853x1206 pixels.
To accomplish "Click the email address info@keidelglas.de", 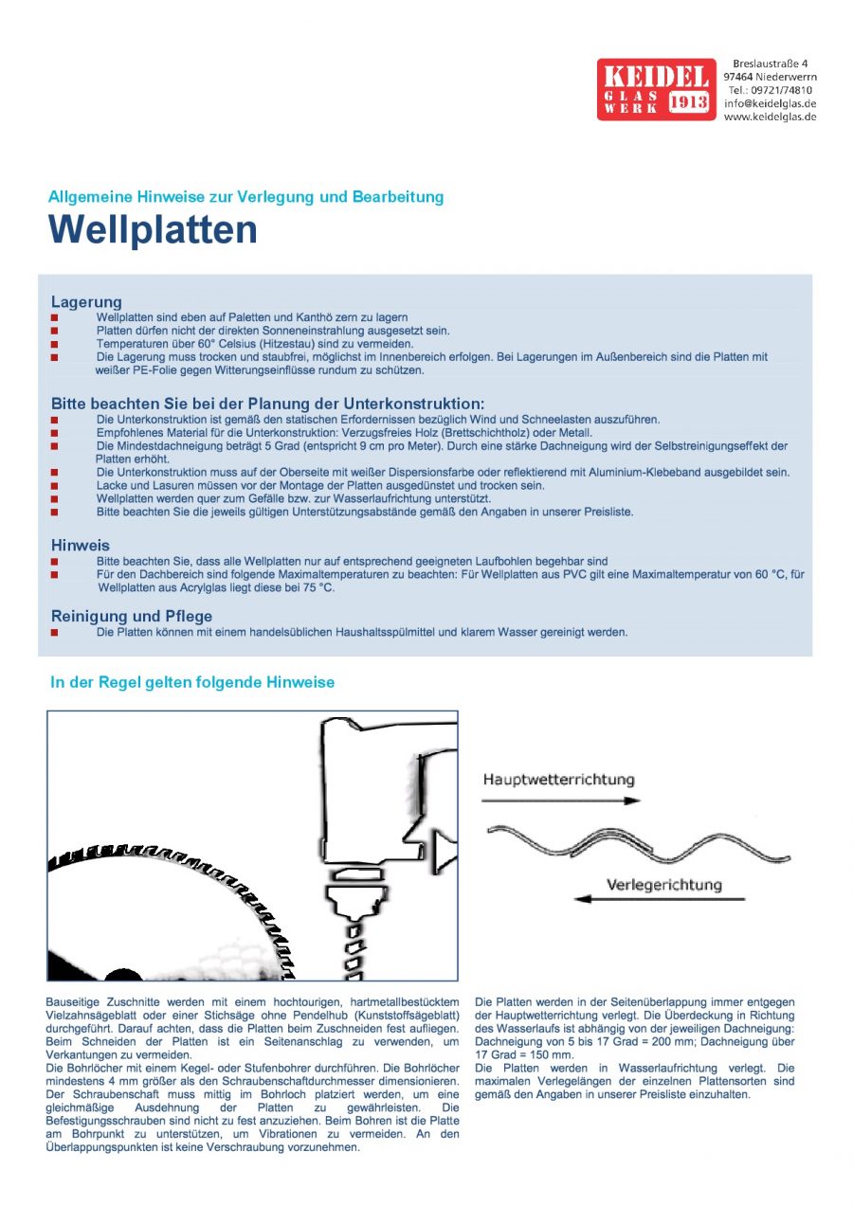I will coord(770,103).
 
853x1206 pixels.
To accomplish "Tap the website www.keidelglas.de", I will coord(770,117).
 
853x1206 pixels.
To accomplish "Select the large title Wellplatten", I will coord(153,230).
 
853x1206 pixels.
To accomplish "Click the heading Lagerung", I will coord(86,302).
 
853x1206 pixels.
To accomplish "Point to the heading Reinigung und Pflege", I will coord(131,617).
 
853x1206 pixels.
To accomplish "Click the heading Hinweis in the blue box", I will coord(80,546).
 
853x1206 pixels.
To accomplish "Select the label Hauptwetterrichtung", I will coord(558,780).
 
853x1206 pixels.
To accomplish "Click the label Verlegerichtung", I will coord(663,885).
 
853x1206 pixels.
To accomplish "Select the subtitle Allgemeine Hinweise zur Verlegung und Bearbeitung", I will coord(245,197).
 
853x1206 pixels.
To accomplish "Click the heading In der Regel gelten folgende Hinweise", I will coord(191,682).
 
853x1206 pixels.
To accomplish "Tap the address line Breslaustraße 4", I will coord(770,63).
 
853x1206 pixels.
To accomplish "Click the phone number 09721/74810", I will coord(782,90).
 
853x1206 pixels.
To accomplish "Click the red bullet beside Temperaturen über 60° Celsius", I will coord(55,345).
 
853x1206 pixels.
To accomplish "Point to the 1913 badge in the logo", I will coord(690,102).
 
